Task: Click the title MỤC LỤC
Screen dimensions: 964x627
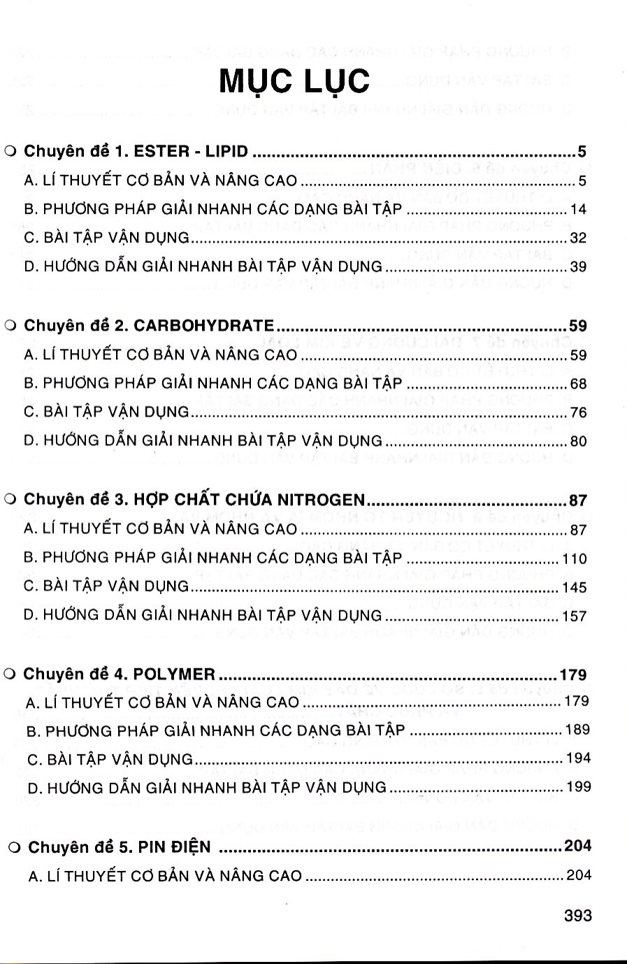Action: [294, 82]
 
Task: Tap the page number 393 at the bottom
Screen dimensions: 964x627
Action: [577, 916]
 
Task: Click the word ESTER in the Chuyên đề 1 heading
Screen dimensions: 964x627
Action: [161, 151]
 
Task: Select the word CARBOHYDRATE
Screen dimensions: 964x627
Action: [203, 326]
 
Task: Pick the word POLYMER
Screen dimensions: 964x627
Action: [174, 675]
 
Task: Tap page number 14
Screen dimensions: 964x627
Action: [578, 210]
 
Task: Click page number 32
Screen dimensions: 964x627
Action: [578, 238]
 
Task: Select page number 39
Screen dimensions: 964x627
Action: [578, 267]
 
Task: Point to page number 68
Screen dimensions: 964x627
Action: [578, 384]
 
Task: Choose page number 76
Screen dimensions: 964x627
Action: [578, 412]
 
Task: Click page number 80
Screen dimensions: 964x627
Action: [578, 442]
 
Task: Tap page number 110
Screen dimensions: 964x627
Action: [575, 559]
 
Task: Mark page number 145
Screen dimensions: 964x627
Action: [575, 587]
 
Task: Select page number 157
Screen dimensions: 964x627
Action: [575, 617]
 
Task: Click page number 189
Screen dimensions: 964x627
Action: [577, 730]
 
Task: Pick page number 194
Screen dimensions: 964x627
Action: [577, 758]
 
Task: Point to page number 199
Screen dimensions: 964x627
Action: [578, 787]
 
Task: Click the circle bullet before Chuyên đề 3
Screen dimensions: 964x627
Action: [10, 501]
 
